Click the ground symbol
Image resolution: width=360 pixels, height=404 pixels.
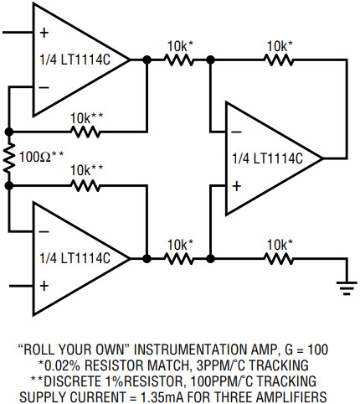347,288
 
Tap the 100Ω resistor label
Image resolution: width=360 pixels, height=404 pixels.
41,157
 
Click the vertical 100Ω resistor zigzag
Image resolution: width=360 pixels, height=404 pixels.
9,158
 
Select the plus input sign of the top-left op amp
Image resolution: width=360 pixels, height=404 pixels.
44,33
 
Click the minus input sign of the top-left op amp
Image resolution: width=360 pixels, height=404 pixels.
44,88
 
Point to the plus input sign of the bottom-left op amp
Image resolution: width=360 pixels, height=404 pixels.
44,286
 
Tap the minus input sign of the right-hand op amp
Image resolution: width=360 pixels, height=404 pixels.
236,132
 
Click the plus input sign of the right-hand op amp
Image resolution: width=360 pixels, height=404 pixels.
236,186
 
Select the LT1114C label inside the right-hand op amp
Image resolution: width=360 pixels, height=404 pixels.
267,158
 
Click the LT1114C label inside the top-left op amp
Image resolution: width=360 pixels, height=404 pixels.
75,60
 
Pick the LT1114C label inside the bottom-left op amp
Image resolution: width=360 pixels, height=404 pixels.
75,258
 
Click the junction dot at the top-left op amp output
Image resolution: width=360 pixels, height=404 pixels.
147,60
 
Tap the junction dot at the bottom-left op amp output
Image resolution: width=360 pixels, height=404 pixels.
147,259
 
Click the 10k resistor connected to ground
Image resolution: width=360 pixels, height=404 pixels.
279,259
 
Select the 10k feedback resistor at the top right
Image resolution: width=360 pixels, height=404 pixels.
279,60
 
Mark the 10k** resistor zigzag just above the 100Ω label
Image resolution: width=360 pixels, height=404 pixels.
85,132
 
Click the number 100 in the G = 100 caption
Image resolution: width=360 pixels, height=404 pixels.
317,350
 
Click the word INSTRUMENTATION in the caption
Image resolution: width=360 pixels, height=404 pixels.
191,350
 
